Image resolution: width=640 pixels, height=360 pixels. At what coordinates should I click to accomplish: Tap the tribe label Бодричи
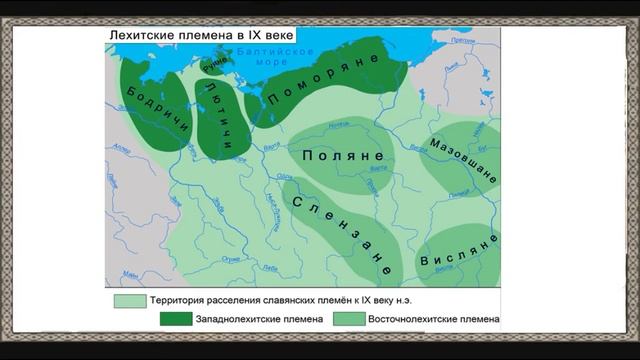pyautogui.click(x=150, y=118)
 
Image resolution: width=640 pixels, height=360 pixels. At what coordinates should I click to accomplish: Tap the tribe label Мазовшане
pyautogui.click(x=463, y=159)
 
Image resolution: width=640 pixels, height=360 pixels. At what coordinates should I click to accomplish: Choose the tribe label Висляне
pyautogui.click(x=459, y=252)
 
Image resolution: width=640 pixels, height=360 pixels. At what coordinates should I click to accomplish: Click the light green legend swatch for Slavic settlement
pyautogui.click(x=129, y=300)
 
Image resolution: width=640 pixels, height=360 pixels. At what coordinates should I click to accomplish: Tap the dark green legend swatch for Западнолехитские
pyautogui.click(x=175, y=319)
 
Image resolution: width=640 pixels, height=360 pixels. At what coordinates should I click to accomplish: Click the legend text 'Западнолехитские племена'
pyautogui.click(x=259, y=319)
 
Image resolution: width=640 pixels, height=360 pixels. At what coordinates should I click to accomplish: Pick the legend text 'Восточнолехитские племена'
pyautogui.click(x=433, y=319)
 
